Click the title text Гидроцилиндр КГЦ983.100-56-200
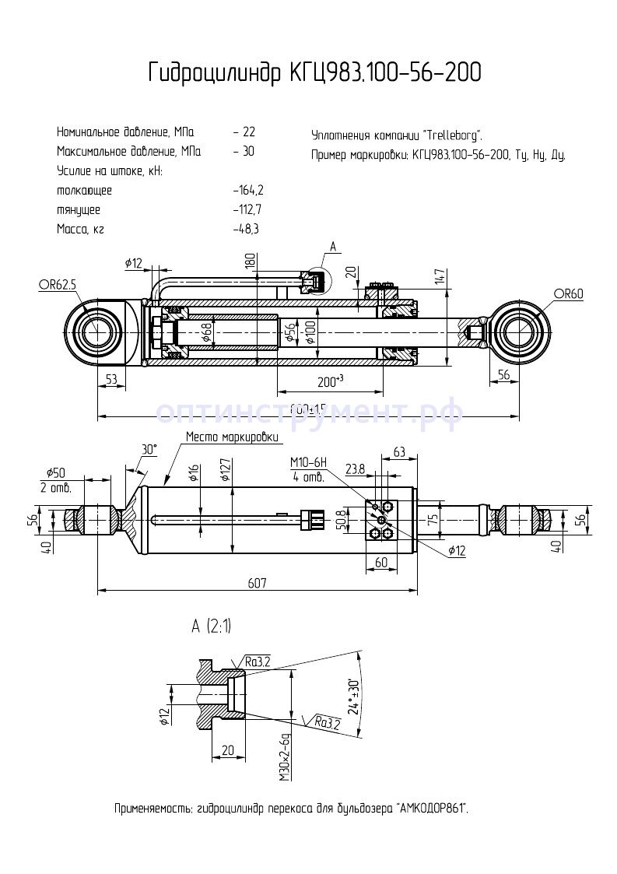click(314, 73)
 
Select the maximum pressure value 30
click(246, 152)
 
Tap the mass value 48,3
click(247, 230)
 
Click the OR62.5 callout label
click(58, 286)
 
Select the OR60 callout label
click(569, 293)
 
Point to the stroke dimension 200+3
click(331, 382)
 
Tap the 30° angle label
click(149, 449)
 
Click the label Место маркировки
click(231, 437)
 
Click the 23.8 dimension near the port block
click(355, 469)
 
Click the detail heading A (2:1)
click(211, 627)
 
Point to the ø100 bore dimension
click(311, 332)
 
